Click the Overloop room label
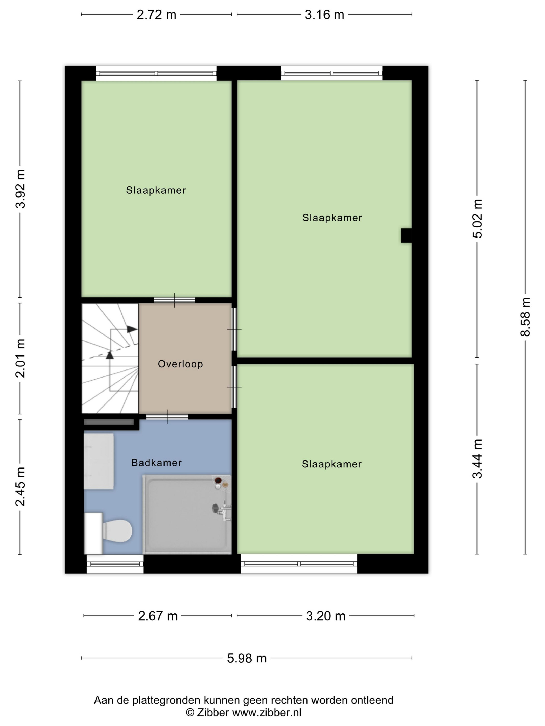[x=180, y=364]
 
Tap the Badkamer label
[x=156, y=463]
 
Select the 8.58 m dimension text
[x=525, y=317]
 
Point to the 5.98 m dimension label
[x=247, y=658]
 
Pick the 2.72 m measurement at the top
[x=156, y=15]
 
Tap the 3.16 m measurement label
[x=325, y=15]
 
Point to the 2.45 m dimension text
[x=20, y=486]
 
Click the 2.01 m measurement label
[x=20, y=358]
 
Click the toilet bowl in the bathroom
[x=117, y=531]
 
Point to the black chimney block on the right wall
[x=406, y=235]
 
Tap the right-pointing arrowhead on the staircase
[x=132, y=329]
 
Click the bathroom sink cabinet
[x=99, y=462]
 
